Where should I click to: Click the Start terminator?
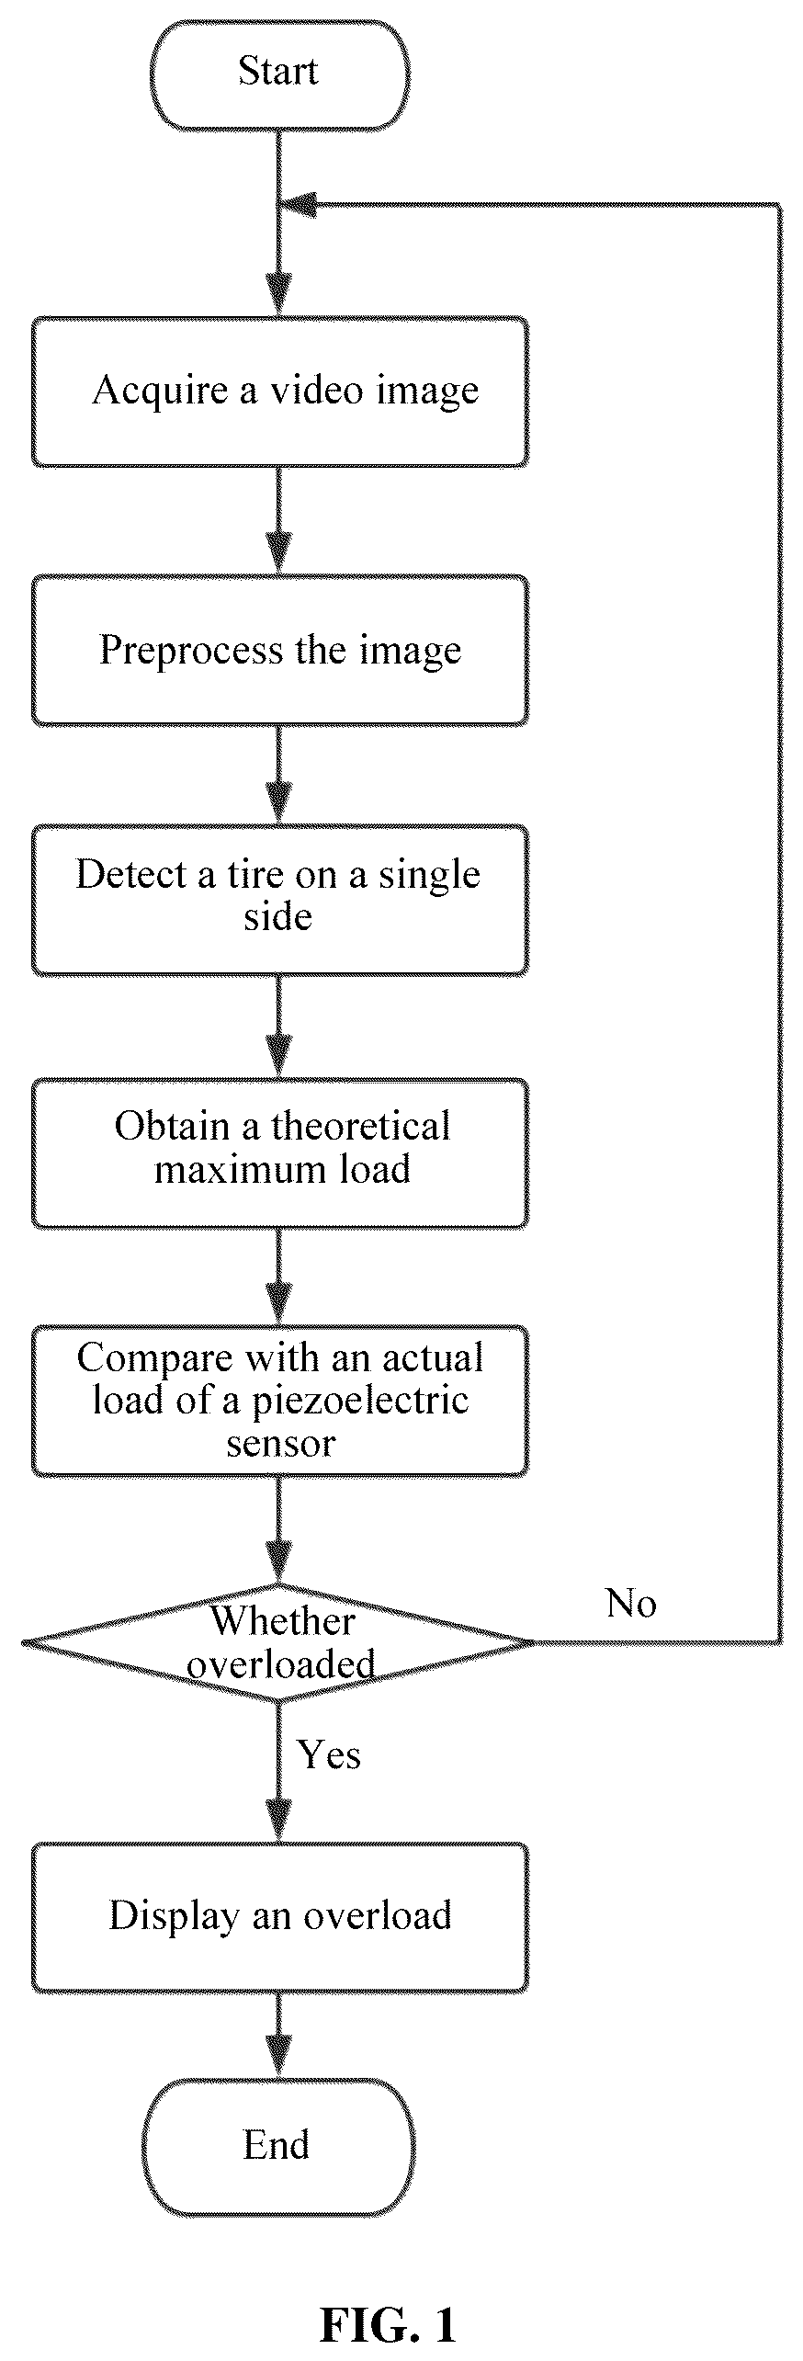point(279,74)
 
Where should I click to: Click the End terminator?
point(278,2146)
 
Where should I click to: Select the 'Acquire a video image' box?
point(280,392)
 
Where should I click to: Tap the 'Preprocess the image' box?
point(280,651)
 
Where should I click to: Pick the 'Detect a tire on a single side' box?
point(280,900)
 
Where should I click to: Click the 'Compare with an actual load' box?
point(280,1401)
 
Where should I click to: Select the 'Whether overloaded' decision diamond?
point(278,1642)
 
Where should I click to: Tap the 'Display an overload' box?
point(280,1918)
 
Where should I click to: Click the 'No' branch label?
point(631,1603)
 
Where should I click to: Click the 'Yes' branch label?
point(329,1754)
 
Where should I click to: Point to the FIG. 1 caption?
point(388,2324)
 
